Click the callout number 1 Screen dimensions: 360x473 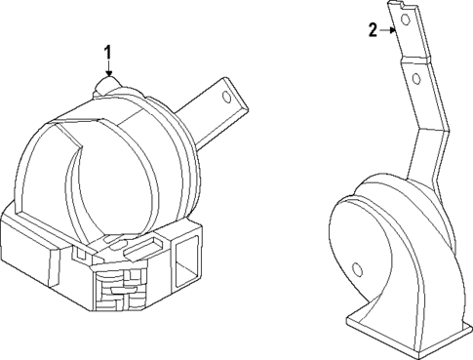tap(109, 50)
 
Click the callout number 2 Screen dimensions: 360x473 tap(372, 30)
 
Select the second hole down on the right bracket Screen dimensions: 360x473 tap(416, 76)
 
